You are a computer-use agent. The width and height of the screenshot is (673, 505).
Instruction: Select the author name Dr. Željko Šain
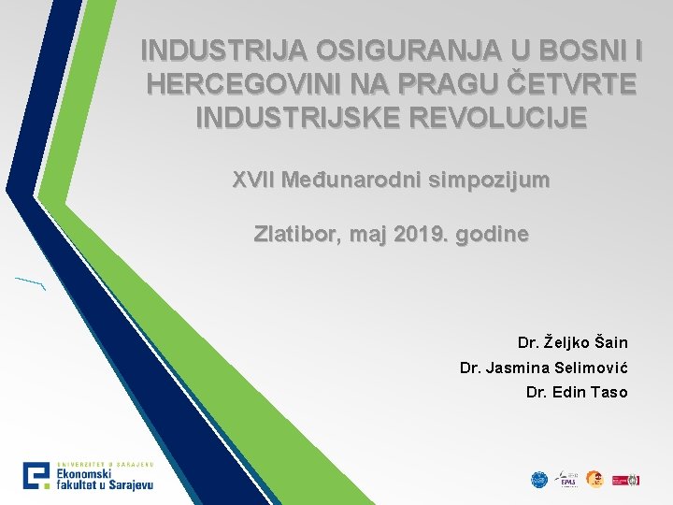[x=572, y=343]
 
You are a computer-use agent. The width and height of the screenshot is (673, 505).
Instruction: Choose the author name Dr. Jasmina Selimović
[x=543, y=368]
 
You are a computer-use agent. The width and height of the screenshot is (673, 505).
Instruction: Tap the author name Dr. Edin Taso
[x=577, y=392]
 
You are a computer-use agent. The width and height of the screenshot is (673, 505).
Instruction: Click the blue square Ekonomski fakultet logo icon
[x=37, y=476]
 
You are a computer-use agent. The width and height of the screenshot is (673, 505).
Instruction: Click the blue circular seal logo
[x=539, y=479]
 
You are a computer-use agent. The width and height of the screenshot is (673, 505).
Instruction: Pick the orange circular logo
[x=594, y=479]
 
